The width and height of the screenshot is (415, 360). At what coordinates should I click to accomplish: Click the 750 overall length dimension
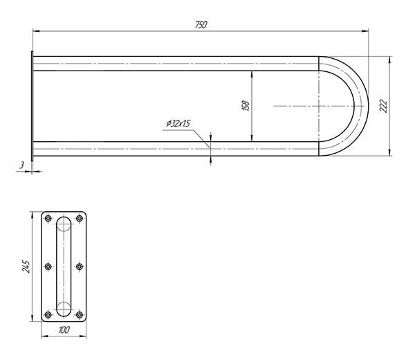point(201,25)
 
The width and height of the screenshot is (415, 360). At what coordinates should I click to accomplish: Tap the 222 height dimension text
point(383,106)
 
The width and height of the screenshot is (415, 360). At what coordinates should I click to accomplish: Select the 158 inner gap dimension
point(246,106)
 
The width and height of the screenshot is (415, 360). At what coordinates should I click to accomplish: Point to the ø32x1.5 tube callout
point(178,123)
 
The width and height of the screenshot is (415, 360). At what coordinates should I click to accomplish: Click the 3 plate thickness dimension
point(21,165)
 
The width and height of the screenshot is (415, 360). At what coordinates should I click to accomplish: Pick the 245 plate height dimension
point(26,267)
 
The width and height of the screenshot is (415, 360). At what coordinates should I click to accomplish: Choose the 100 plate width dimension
point(64,330)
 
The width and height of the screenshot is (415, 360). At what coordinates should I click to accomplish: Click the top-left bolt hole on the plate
point(48,219)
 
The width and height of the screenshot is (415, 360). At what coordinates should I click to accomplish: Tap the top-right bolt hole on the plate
point(80,219)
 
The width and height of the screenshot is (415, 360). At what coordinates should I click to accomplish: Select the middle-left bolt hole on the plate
point(48,267)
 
